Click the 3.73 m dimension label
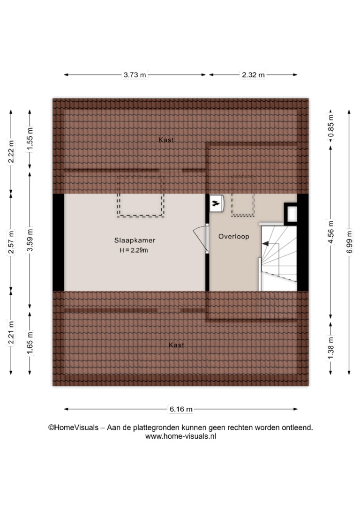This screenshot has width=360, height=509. pos(135,75)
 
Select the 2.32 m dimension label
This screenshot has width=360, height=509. pos(253,75)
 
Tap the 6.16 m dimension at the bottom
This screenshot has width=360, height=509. pos(181,409)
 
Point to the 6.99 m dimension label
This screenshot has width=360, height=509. pos(349,242)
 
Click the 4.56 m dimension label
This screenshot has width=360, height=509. pos(331,233)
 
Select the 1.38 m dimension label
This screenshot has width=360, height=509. pos(331,349)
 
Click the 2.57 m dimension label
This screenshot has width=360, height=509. pos(11,242)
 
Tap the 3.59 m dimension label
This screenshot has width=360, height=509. pos(30,240)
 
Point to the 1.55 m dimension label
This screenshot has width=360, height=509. pos(30,139)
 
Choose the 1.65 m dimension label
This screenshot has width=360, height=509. pos(30,344)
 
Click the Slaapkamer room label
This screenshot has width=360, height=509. pos(135,240)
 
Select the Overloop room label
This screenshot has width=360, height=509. pos(234,237)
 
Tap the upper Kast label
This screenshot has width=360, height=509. pos(166,140)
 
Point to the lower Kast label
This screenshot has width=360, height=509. pos(176,345)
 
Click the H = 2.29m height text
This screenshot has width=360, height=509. pos(134,250)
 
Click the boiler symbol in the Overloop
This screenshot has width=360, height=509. pos(216,203)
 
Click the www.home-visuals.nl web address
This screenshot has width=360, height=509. pos(180,437)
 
